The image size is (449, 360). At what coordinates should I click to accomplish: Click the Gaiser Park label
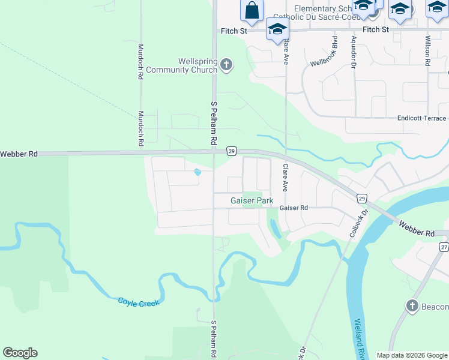(x=252, y=200)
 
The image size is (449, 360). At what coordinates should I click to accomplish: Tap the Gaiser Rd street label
(x=294, y=208)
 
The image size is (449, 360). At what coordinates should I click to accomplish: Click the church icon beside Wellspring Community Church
(x=226, y=64)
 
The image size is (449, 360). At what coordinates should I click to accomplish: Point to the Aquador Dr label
(x=354, y=51)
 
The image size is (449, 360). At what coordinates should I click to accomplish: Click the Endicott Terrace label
(x=422, y=119)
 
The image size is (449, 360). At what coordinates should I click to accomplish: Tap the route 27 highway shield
(x=444, y=247)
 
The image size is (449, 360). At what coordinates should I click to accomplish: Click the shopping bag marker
(x=252, y=11)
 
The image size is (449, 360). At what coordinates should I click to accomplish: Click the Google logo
(x=20, y=353)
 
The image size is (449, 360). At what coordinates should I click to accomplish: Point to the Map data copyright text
(x=412, y=355)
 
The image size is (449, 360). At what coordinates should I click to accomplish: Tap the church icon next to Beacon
(x=412, y=307)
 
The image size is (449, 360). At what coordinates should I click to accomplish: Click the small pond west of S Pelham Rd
(x=197, y=173)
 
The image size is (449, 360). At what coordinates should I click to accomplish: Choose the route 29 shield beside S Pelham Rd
(x=231, y=151)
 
